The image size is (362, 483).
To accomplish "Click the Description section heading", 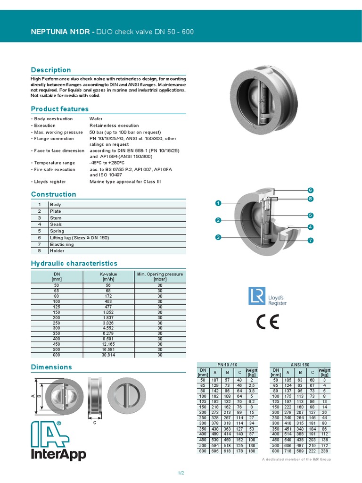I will [x=51, y=70].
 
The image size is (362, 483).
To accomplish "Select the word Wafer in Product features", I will [x=96, y=119].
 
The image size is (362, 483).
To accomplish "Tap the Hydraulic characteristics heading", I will [x=74, y=263].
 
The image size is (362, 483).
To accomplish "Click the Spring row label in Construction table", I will [x=57, y=231].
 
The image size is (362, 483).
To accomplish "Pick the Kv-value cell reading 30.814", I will [x=108, y=355].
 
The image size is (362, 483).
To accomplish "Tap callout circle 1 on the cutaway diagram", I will [x=218, y=203].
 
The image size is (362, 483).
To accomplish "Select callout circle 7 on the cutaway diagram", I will [x=311, y=241].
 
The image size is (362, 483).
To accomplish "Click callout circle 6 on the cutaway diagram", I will [x=311, y=190].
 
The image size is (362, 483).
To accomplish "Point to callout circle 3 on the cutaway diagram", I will [x=218, y=237].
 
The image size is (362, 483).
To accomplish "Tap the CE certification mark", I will [x=267, y=322].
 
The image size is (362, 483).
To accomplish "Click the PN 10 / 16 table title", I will [x=228, y=365].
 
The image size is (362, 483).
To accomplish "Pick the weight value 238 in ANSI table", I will [x=324, y=451].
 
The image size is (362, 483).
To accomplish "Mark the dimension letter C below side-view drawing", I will [x=94, y=422].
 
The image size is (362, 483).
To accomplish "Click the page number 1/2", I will [x=181, y=473].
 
